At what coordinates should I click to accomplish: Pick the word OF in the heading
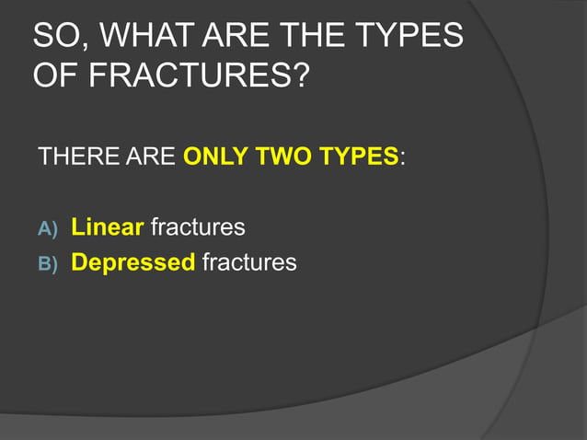(x=54, y=76)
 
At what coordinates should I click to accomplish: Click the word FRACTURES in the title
(x=183, y=76)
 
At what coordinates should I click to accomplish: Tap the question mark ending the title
(x=298, y=76)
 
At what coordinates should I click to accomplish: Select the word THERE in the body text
(x=71, y=156)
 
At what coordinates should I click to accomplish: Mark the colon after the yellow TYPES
(x=402, y=157)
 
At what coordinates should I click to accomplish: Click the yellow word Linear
(x=108, y=226)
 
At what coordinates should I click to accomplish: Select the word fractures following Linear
(x=198, y=226)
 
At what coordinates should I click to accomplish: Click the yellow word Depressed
(x=133, y=263)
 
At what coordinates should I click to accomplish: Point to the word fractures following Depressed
(x=249, y=262)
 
